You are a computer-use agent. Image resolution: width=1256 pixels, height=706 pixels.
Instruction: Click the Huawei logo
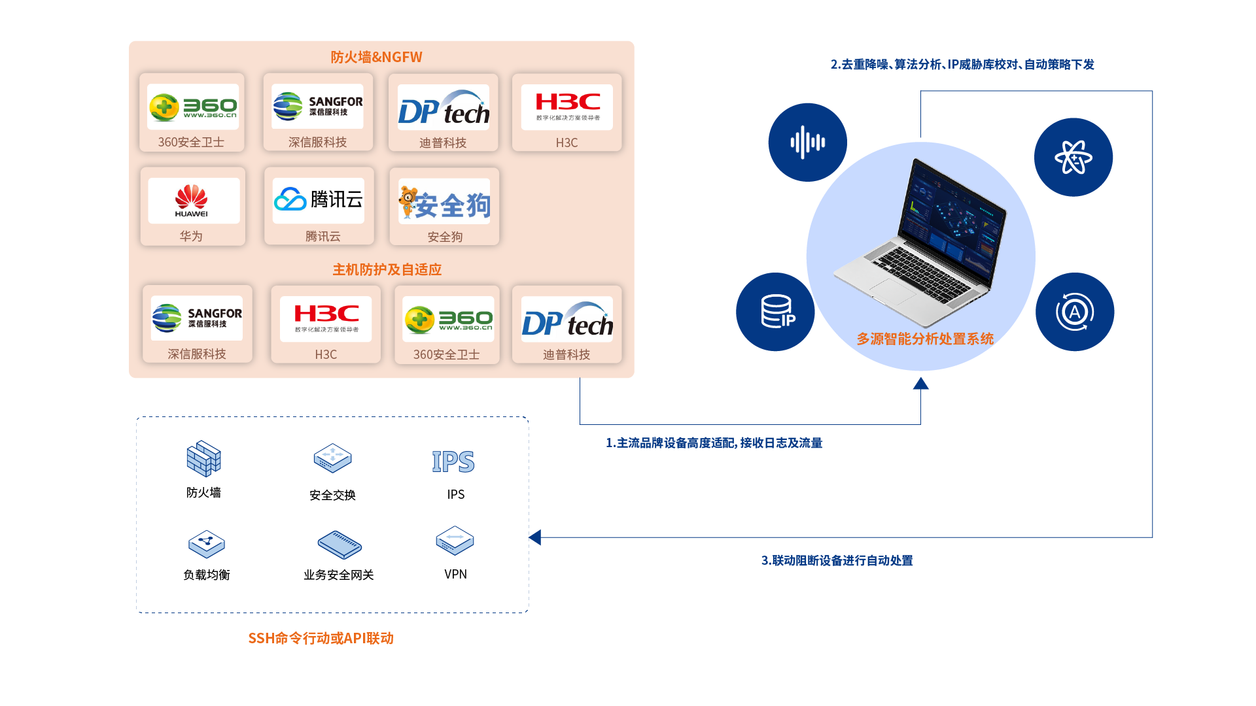(x=192, y=201)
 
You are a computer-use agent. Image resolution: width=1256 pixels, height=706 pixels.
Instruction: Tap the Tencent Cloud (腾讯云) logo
(x=319, y=200)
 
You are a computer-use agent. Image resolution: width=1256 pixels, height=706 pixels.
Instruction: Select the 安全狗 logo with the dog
(x=445, y=202)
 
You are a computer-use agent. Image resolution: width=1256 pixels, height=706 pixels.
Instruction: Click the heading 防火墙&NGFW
(x=376, y=57)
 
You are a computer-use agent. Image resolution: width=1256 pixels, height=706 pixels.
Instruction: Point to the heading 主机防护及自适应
(x=387, y=269)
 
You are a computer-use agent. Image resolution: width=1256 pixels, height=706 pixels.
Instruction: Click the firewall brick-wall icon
(x=203, y=458)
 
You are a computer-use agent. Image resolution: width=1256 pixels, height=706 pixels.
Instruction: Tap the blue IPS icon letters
(x=453, y=462)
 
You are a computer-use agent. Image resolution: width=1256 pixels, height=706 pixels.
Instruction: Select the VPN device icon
(x=455, y=540)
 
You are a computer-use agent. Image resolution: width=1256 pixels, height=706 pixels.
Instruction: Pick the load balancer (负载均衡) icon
(x=207, y=543)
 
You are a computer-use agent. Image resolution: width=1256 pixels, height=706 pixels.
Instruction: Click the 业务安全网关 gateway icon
(x=340, y=544)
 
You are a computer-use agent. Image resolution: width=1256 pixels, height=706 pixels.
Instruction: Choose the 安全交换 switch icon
(x=332, y=458)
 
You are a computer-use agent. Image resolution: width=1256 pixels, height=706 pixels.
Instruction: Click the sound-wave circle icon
(x=807, y=142)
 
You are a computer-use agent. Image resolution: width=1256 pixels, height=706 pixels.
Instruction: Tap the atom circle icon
(x=1073, y=157)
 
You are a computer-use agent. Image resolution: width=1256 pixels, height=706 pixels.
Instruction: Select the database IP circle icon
(x=776, y=312)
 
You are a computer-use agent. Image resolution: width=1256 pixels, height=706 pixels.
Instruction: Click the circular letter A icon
(x=1074, y=312)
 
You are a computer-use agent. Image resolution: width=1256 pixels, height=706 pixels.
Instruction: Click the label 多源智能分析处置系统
(x=925, y=339)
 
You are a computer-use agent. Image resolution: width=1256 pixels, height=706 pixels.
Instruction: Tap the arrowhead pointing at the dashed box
(x=535, y=537)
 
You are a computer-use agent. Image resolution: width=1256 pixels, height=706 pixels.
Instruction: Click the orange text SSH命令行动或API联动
(x=321, y=638)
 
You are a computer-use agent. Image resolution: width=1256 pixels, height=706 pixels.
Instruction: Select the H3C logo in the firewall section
(x=567, y=107)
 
